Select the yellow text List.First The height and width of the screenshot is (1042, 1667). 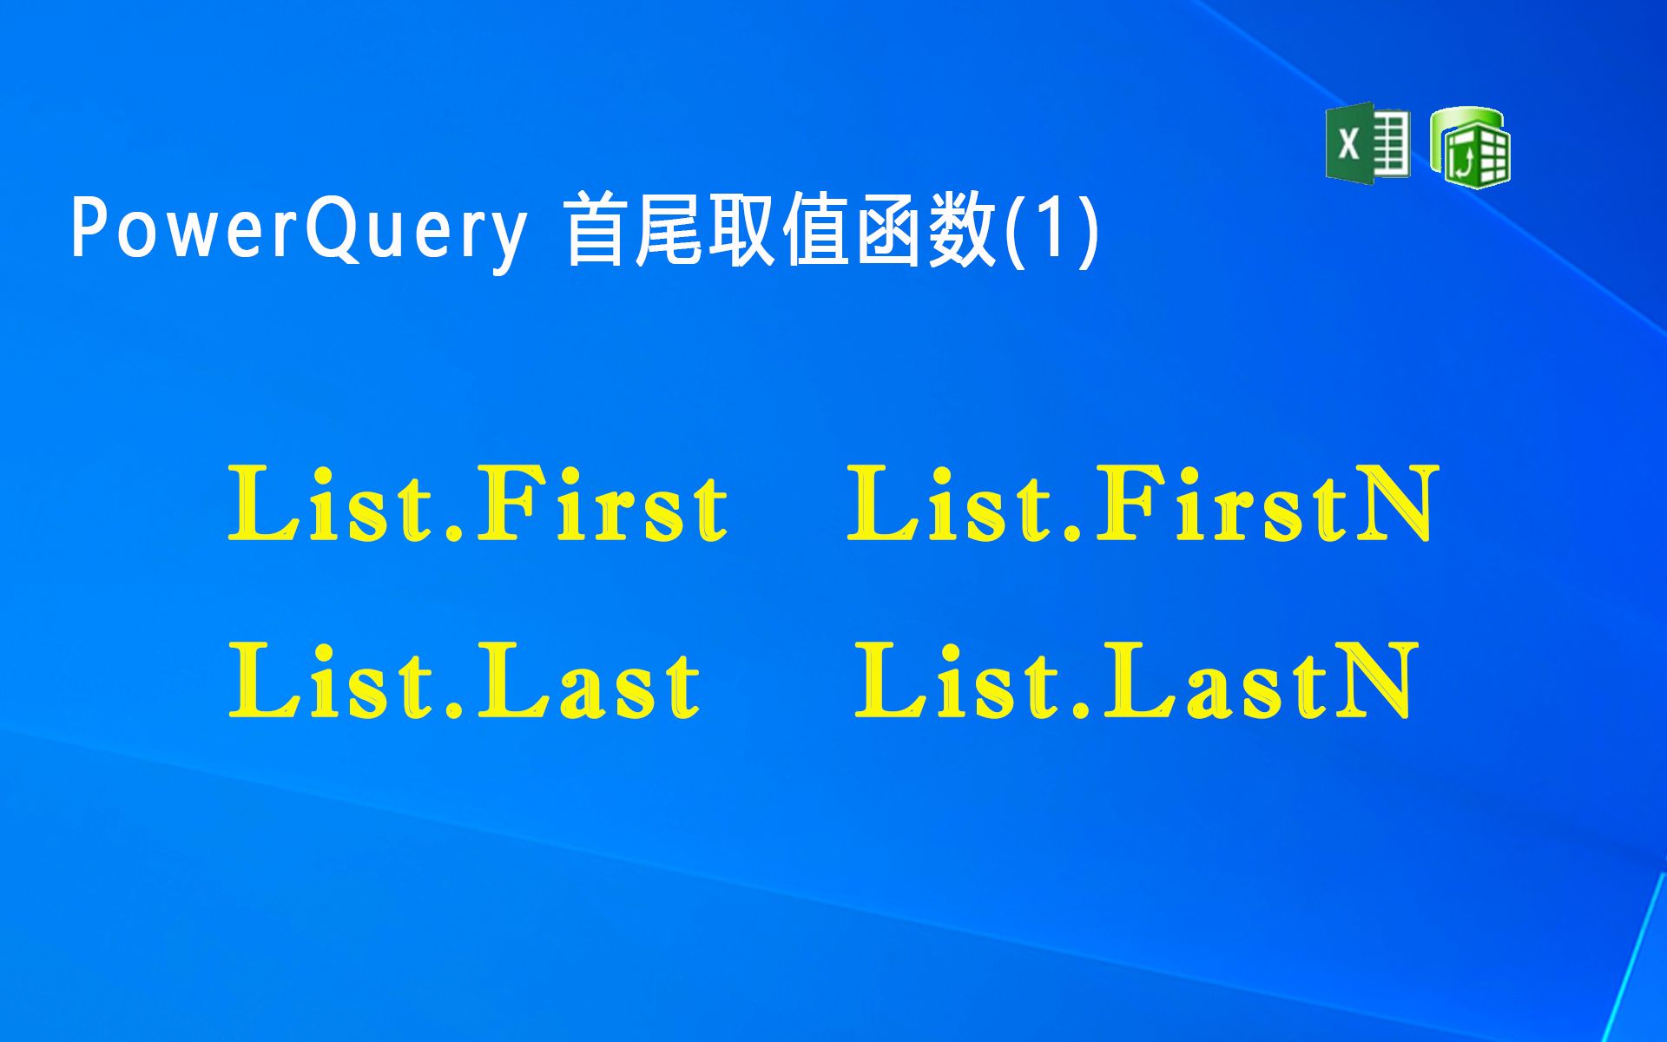pos(478,505)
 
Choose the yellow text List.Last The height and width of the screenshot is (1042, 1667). pos(464,682)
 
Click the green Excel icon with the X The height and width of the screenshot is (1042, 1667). pos(1367,143)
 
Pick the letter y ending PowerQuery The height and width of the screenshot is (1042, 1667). pos(507,236)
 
